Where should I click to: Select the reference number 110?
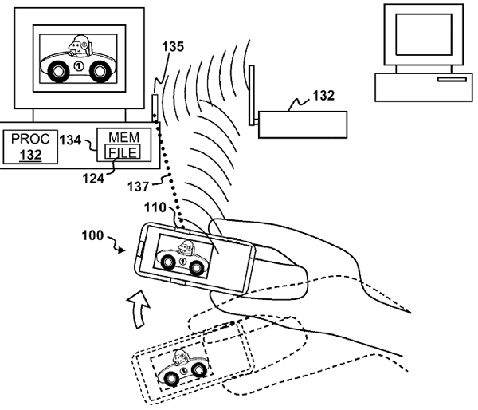(155, 207)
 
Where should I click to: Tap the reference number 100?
(93, 237)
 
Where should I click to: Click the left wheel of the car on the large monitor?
(60, 73)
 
